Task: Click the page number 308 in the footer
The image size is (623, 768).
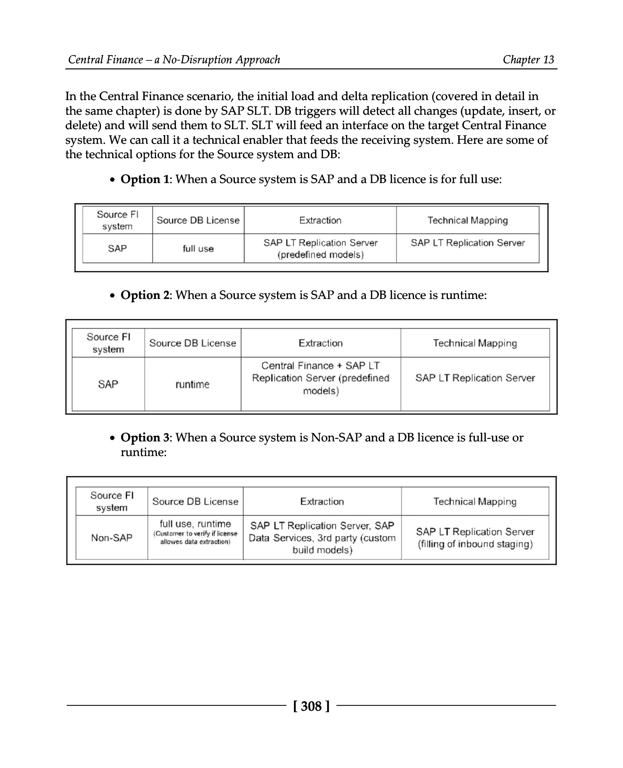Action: click(311, 706)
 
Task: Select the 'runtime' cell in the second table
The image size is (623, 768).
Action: click(192, 384)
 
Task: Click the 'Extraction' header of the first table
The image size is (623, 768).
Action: click(320, 220)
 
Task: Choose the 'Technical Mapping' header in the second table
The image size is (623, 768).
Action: click(475, 343)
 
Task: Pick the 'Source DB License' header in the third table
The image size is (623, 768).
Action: click(195, 501)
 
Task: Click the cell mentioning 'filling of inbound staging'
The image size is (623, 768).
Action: click(475, 538)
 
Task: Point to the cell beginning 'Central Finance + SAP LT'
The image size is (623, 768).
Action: click(320, 378)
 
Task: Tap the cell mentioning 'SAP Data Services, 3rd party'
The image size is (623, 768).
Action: click(322, 538)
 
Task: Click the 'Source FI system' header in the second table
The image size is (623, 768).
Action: click(108, 343)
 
